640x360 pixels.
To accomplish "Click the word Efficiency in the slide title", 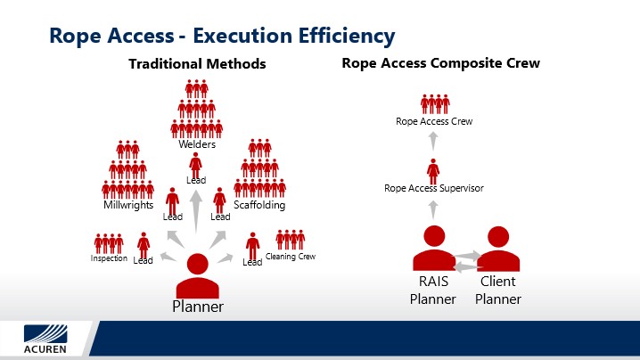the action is (x=347, y=36).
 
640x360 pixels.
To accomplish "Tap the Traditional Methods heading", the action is (x=197, y=63).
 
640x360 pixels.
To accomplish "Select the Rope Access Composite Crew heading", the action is (x=441, y=63).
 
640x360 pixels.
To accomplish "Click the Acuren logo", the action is (x=45, y=339).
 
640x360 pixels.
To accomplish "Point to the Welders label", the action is (x=197, y=144).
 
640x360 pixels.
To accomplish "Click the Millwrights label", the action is (x=128, y=204).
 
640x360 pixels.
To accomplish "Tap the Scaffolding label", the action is (x=259, y=204).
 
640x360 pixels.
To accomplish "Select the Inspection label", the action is (x=109, y=258).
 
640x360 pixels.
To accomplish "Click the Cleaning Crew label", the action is (x=291, y=257).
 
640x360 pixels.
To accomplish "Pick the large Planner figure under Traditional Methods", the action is (x=198, y=276).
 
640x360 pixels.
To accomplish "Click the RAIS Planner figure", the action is (x=434, y=248).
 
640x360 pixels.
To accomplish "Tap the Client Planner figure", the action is (x=498, y=249).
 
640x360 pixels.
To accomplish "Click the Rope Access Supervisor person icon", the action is (x=433, y=171).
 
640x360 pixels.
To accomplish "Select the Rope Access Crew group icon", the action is (x=435, y=104).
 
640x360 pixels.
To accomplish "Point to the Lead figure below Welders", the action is (x=195, y=165).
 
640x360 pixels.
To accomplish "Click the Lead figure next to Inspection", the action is (x=144, y=245).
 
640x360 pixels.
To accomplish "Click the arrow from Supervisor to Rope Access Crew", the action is (x=433, y=141).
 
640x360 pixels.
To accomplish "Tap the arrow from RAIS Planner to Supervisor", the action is (x=433, y=209).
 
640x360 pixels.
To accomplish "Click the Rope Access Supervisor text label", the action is (x=434, y=188).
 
